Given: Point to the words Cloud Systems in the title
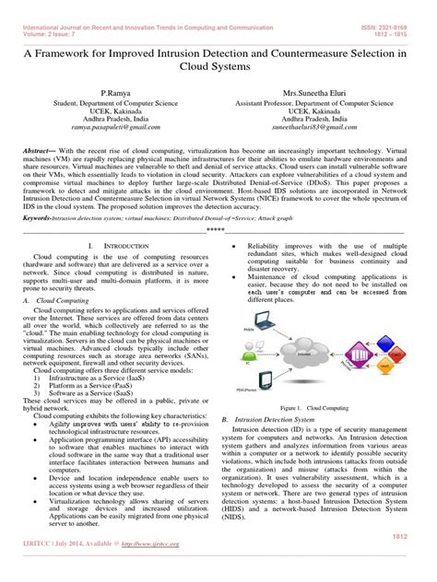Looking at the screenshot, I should click(218, 69).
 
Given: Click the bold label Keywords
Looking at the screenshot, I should click(38, 219).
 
